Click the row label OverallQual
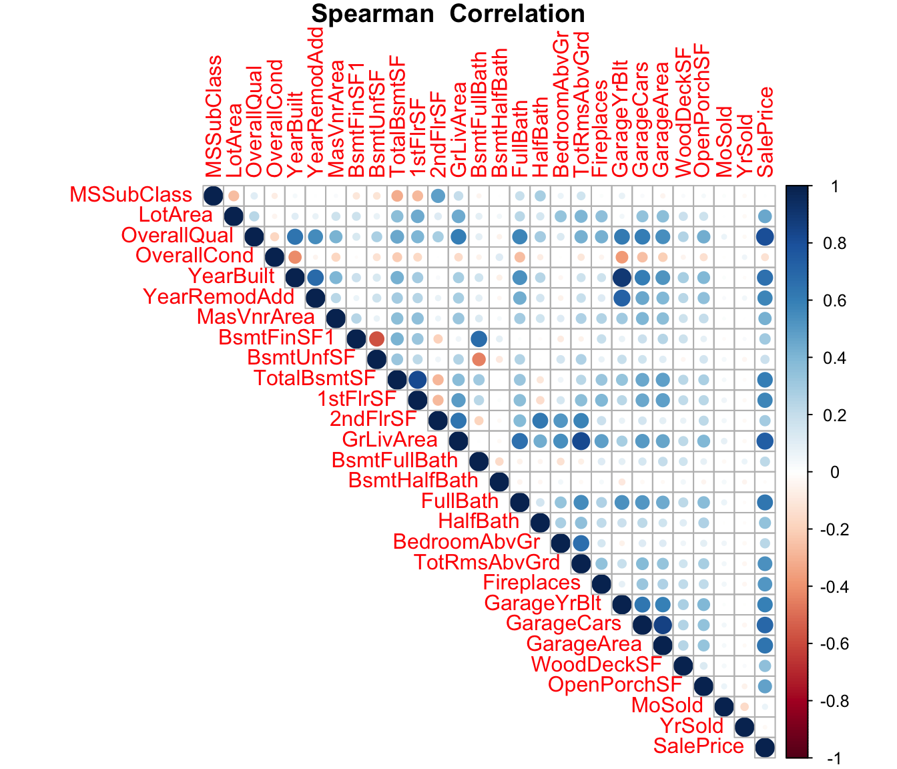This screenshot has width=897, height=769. [x=178, y=236]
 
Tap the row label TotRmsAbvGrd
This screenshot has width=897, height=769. [x=487, y=563]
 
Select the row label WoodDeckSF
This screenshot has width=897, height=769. [x=596, y=665]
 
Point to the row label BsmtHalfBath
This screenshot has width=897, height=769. [x=413, y=481]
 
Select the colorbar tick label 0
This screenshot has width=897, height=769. [x=815, y=473]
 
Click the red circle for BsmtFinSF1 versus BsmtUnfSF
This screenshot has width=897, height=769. [x=376, y=338]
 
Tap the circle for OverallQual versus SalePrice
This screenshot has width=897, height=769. [x=765, y=236]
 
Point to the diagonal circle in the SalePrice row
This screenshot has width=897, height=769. [x=765, y=748]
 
